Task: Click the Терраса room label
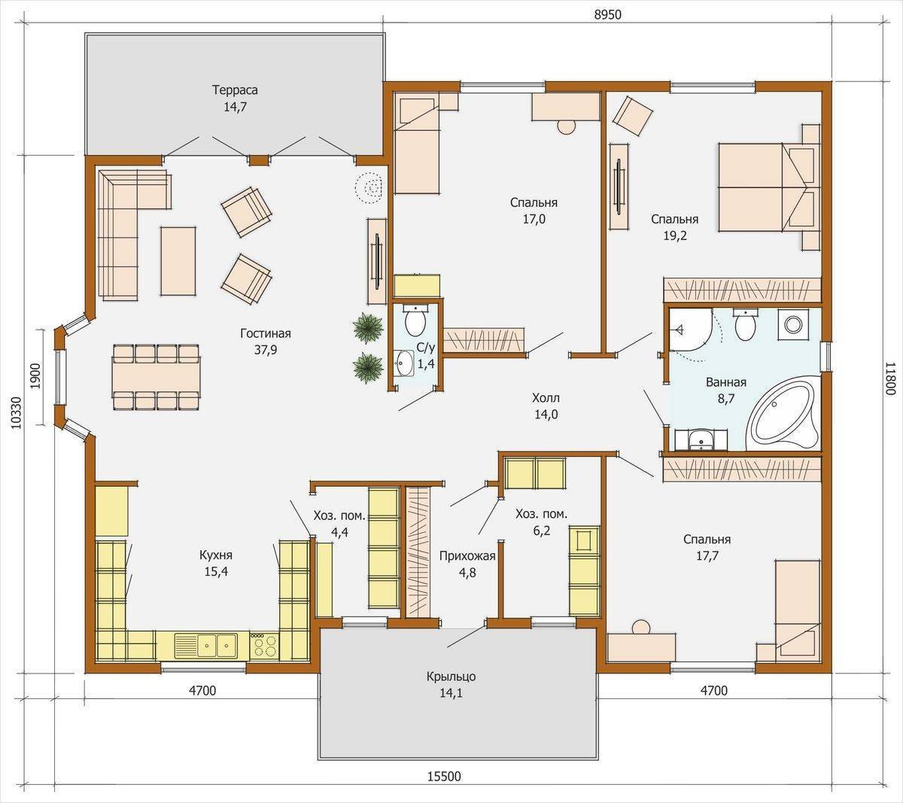[x=235, y=90]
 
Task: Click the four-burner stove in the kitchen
[x=264, y=645]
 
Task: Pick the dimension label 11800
[x=889, y=378]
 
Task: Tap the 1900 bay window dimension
[x=35, y=376]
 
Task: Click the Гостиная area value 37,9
[x=266, y=350]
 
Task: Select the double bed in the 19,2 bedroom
[x=769, y=187]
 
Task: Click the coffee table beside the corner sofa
[x=178, y=261]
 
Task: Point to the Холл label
[x=546, y=397]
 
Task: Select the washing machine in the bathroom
[x=793, y=324]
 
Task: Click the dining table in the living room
[x=156, y=377]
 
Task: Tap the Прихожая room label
[x=467, y=556]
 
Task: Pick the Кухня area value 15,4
[x=216, y=571]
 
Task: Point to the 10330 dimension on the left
[x=16, y=413]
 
